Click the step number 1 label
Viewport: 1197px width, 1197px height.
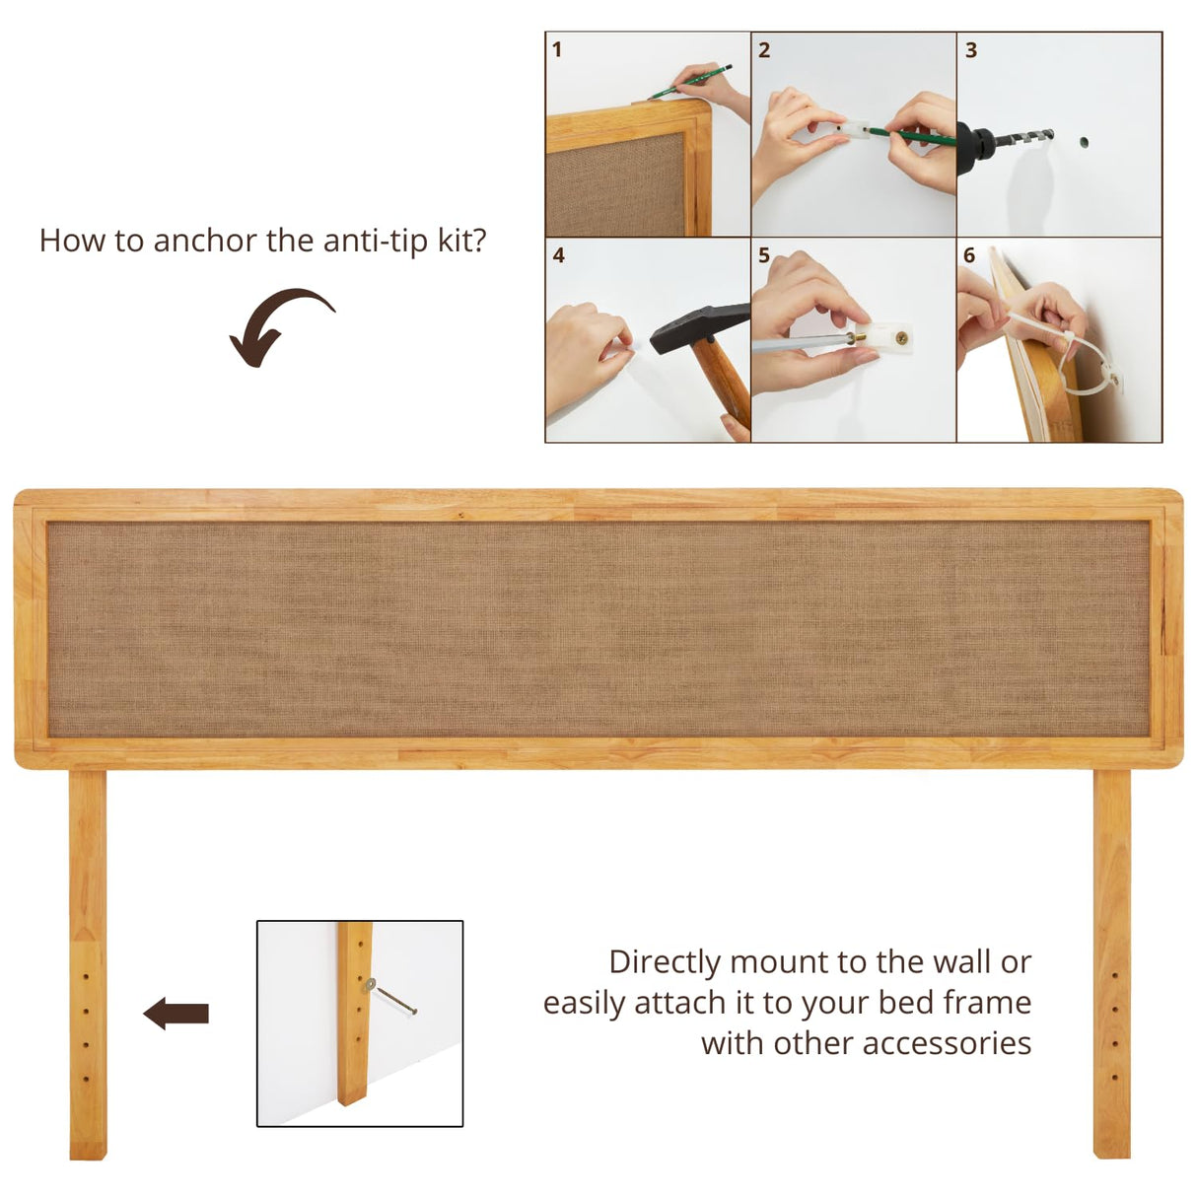tap(557, 49)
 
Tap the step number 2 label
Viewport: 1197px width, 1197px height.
tap(764, 49)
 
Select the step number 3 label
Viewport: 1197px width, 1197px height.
tap(971, 49)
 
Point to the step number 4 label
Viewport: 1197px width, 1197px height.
tap(558, 255)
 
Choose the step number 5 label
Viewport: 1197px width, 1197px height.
tap(764, 255)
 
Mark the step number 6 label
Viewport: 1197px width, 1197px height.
tap(969, 255)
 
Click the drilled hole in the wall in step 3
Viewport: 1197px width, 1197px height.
tap(1084, 142)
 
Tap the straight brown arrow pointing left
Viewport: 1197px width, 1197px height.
tap(176, 1013)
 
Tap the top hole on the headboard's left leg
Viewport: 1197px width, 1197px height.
tap(86, 977)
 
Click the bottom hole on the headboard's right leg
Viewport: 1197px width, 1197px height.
tap(1114, 1078)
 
